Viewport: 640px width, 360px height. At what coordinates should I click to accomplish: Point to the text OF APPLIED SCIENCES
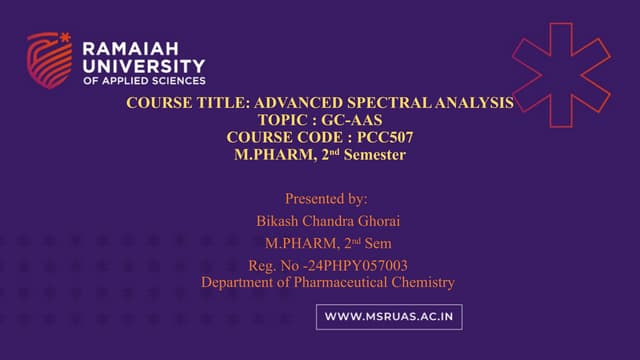click(x=144, y=79)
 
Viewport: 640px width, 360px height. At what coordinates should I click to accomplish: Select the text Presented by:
click(x=326, y=198)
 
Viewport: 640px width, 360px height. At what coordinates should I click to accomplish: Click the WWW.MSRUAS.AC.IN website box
click(x=389, y=317)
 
